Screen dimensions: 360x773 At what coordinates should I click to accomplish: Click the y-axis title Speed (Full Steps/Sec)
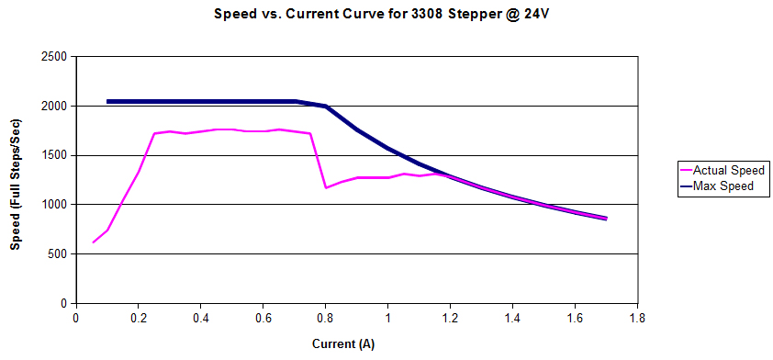[x=16, y=180]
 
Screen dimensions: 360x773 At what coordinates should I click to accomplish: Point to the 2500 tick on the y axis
[x=54, y=57]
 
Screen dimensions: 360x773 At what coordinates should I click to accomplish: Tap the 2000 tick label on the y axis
[x=54, y=107]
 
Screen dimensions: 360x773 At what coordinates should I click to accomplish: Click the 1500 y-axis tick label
[x=54, y=155]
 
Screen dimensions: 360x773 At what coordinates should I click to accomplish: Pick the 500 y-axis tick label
[x=58, y=254]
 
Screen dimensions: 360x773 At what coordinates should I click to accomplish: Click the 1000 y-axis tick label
[x=54, y=205]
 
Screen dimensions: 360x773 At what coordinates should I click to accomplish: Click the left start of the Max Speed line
[x=107, y=101]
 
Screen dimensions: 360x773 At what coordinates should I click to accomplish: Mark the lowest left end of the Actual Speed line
[x=93, y=242]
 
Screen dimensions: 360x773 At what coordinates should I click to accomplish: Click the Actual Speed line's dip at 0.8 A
[x=326, y=187]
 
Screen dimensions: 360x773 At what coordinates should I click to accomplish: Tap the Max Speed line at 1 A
[x=387, y=148]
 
